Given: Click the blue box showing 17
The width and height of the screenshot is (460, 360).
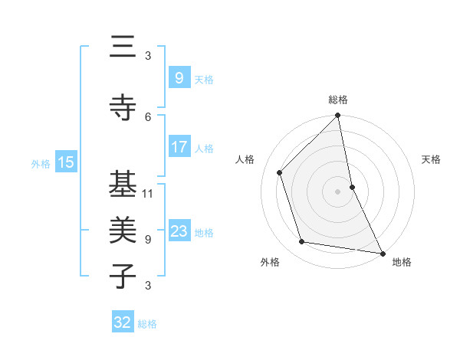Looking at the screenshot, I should pyautogui.click(x=179, y=147).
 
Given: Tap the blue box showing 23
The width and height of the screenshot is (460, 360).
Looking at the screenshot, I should pyautogui.click(x=179, y=231).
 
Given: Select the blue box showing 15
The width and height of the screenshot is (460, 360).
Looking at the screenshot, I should pyautogui.click(x=66, y=162).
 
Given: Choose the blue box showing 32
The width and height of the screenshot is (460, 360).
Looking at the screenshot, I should pyautogui.click(x=123, y=322).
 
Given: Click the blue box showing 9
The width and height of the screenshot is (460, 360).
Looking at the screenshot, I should pyautogui.click(x=179, y=78).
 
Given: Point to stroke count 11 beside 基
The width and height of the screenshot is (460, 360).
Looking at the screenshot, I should pyautogui.click(x=148, y=193).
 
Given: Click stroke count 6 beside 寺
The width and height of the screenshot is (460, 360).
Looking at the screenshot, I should pyautogui.click(x=148, y=116).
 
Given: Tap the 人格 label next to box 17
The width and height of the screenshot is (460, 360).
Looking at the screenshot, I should pyautogui.click(x=204, y=148).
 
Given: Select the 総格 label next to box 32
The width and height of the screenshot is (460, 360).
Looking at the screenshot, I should pyautogui.click(x=147, y=323).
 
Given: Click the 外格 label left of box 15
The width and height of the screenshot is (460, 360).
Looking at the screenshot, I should pyautogui.click(x=41, y=163).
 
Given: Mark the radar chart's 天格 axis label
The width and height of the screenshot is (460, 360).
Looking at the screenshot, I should pyautogui.click(x=432, y=159).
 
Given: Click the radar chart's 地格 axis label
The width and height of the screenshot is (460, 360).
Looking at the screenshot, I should pyautogui.click(x=402, y=262).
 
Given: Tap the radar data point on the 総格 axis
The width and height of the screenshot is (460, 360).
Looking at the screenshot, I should pyautogui.click(x=338, y=116).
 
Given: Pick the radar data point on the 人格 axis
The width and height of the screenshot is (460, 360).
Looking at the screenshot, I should pyautogui.click(x=280, y=172).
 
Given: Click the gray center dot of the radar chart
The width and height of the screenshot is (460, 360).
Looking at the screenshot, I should pyautogui.click(x=338, y=191).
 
